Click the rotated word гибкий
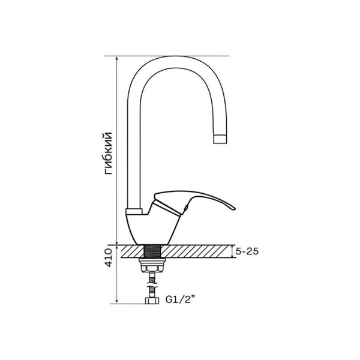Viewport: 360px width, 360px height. (x=109, y=154)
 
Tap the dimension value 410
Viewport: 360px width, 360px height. (x=109, y=257)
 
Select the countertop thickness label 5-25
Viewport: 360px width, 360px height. (x=247, y=251)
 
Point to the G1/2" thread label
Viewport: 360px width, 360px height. (x=181, y=299)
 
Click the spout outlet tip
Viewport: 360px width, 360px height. (x=221, y=139)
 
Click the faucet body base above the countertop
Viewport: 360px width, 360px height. (x=152, y=230)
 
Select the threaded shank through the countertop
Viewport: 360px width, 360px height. (x=152, y=251)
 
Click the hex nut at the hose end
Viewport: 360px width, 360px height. (x=152, y=301)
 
